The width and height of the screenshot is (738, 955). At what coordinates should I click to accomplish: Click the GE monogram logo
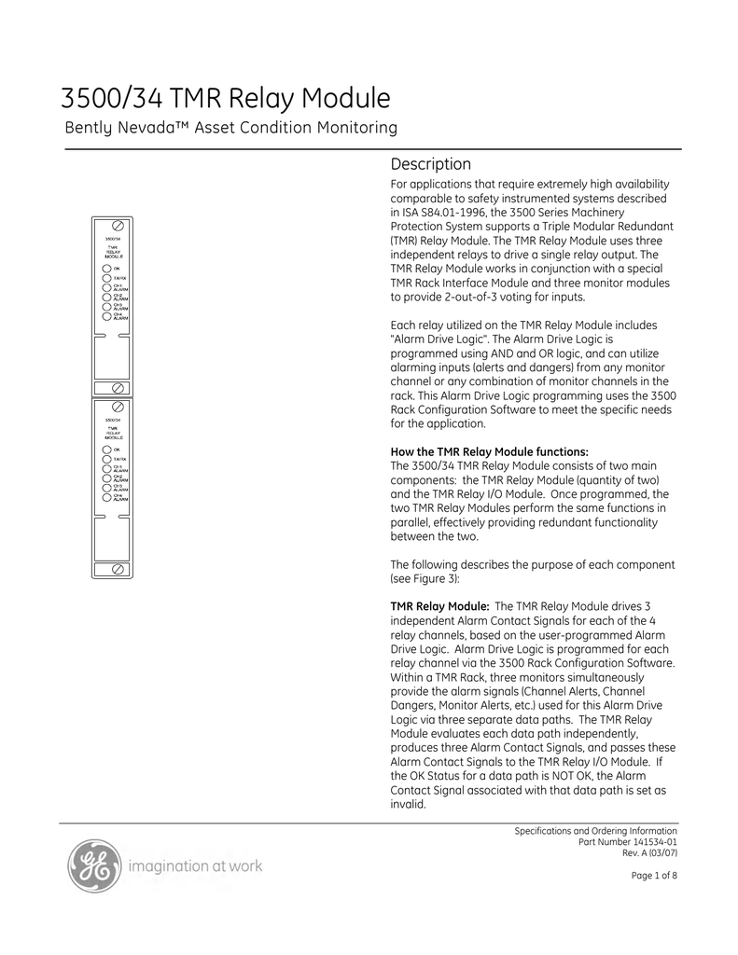pyautogui.click(x=94, y=866)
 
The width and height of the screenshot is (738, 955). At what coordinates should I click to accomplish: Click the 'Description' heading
pyautogui.click(x=430, y=164)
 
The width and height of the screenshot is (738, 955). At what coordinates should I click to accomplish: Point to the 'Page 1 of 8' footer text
pyautogui.click(x=655, y=875)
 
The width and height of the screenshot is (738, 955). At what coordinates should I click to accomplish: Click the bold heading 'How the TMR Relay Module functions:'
pyautogui.click(x=489, y=452)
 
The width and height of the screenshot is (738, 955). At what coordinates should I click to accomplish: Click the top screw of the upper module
pyautogui.click(x=119, y=227)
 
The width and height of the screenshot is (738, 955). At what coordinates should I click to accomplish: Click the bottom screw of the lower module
pyautogui.click(x=119, y=568)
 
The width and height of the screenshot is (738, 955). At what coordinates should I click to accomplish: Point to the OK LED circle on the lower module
pyautogui.click(x=107, y=450)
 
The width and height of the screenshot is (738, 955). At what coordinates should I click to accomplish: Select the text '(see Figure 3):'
pyautogui.click(x=423, y=578)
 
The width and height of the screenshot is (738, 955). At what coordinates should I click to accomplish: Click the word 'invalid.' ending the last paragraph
pyautogui.click(x=408, y=803)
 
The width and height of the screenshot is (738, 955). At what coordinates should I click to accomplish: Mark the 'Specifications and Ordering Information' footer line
pyautogui.click(x=596, y=830)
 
